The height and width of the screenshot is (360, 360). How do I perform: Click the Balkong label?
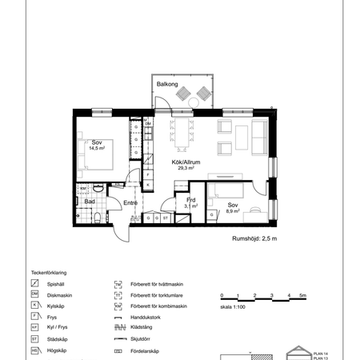(x=166, y=82)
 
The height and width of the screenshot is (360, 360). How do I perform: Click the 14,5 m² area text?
(x=98, y=148)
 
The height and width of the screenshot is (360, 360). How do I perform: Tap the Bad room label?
(x=90, y=202)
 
